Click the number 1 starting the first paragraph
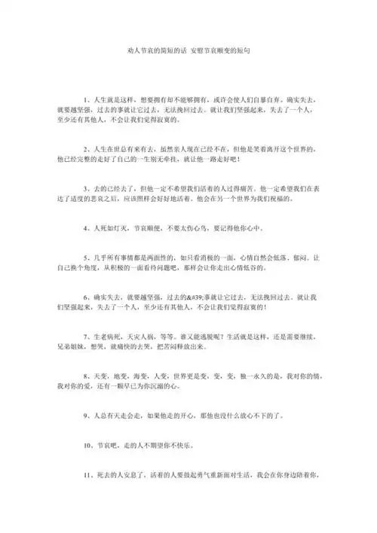(85, 99)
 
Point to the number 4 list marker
(85, 227)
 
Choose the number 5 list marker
(85, 256)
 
